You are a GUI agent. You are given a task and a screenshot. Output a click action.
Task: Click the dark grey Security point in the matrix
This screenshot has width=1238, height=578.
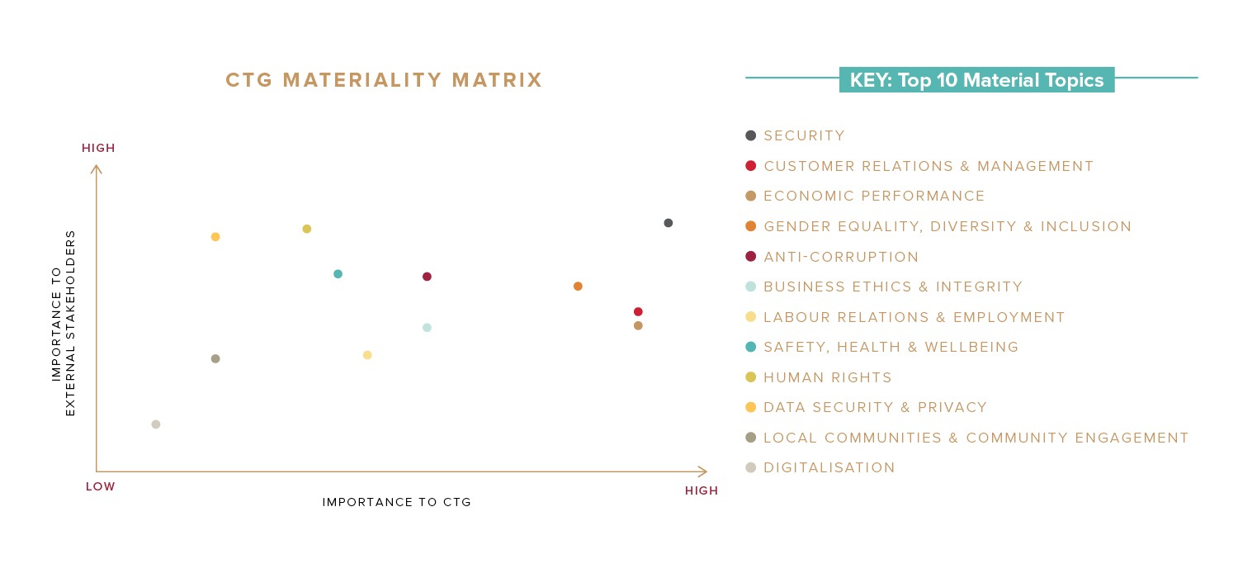(x=668, y=223)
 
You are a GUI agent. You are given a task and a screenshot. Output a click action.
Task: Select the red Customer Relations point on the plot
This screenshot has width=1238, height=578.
(x=638, y=311)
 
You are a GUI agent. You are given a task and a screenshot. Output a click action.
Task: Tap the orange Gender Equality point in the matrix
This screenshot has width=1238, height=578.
(x=578, y=287)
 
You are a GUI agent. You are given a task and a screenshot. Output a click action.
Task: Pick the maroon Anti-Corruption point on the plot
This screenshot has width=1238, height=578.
(x=427, y=277)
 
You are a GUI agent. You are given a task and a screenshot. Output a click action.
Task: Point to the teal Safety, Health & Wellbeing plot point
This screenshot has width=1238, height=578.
(x=338, y=274)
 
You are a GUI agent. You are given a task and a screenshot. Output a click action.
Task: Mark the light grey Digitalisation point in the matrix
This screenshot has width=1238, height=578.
(x=156, y=424)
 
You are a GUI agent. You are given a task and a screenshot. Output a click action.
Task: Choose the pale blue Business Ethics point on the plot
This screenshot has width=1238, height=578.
(x=427, y=328)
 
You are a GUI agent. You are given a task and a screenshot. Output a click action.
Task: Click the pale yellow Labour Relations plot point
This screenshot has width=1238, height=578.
(x=367, y=355)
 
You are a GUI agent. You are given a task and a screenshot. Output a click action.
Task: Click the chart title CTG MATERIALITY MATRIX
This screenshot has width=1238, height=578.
(x=384, y=80)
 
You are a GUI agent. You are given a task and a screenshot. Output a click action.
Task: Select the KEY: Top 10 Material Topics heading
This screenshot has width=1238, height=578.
(x=976, y=80)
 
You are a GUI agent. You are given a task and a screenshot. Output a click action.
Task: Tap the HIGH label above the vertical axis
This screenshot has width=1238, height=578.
(x=98, y=149)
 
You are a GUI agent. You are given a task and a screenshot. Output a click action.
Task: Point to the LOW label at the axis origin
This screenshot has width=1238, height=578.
(x=101, y=487)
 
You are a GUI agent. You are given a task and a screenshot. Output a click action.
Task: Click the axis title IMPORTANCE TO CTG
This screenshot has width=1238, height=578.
(x=396, y=502)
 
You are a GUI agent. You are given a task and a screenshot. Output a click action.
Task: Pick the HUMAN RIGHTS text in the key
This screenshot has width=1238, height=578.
(x=828, y=377)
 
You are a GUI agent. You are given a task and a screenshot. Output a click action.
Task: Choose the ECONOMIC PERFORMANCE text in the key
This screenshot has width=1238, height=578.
(x=874, y=197)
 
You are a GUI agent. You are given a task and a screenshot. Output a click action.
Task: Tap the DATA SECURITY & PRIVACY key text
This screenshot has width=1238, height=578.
(x=875, y=408)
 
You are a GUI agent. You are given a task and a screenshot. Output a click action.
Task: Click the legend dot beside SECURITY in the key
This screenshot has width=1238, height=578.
(x=750, y=135)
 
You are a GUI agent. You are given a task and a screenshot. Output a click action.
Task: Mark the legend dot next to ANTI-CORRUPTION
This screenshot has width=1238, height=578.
(x=750, y=257)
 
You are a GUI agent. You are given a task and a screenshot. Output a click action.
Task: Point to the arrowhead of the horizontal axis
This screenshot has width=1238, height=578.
(x=704, y=471)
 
